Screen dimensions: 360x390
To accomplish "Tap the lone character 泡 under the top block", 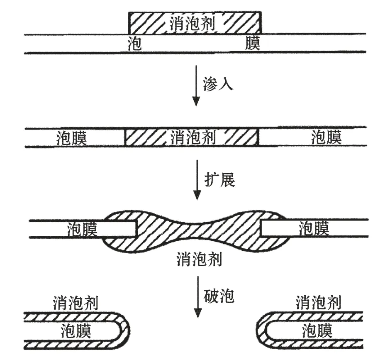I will pos(135,43).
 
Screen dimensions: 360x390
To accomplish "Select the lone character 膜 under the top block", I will pos(253,43).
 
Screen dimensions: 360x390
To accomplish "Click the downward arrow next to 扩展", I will pos(196,179).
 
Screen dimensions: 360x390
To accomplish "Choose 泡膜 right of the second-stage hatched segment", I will pos(327,137).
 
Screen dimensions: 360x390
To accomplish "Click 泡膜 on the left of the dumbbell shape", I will pos(82,228).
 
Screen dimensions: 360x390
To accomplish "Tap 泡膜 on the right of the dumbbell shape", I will pos(314,228).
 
